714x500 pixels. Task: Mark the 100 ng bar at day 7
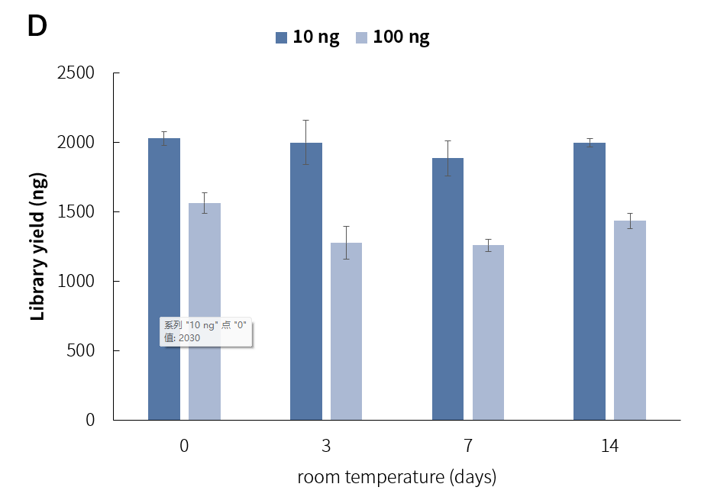pyautogui.click(x=488, y=332)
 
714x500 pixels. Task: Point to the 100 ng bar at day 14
pyautogui.click(x=630, y=320)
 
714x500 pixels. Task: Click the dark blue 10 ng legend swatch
pyautogui.click(x=281, y=37)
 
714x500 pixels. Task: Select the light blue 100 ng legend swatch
pyautogui.click(x=362, y=37)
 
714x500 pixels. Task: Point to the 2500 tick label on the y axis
pyautogui.click(x=76, y=73)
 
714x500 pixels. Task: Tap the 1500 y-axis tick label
pyautogui.click(x=76, y=212)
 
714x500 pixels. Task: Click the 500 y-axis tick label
pyautogui.click(x=80, y=351)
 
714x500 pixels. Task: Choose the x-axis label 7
pyautogui.click(x=467, y=447)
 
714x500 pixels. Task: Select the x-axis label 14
pyautogui.click(x=609, y=447)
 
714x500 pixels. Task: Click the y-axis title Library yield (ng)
pyautogui.click(x=38, y=247)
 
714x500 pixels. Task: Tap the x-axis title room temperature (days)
pyautogui.click(x=396, y=478)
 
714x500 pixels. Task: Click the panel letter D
pyautogui.click(x=37, y=27)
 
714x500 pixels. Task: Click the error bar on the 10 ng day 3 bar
pyautogui.click(x=306, y=142)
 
